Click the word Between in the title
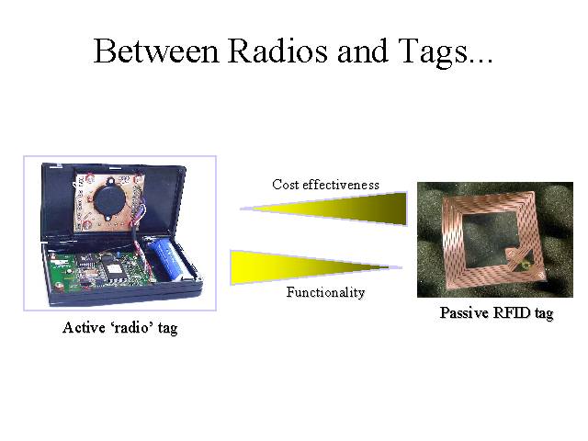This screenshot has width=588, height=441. (x=155, y=51)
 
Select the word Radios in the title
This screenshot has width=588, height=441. (x=277, y=51)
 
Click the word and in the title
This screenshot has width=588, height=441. (x=362, y=51)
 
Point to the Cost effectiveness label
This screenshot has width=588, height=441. (x=325, y=185)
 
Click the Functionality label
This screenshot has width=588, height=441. (x=325, y=292)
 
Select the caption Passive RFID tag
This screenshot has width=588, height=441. (x=496, y=313)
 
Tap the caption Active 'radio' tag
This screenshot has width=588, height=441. (x=120, y=328)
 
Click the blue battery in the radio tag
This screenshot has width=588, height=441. (x=165, y=259)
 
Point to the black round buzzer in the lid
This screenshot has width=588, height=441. (x=109, y=198)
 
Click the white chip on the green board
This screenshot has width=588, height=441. (x=112, y=269)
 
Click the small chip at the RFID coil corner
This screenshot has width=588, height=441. (x=523, y=266)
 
